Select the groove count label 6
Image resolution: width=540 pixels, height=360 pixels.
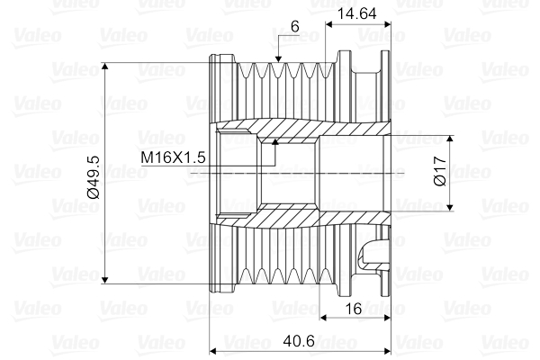294,27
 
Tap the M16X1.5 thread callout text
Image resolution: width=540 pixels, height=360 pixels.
175,157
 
